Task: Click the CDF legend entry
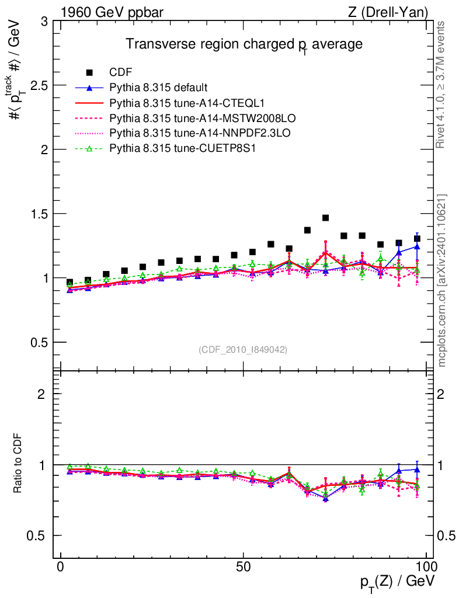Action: pyautogui.click(x=120, y=72)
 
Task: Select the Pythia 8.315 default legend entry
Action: pyautogui.click(x=158, y=88)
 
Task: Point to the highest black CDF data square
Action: pyautogui.click(x=326, y=218)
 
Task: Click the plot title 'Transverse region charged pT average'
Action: pyautogui.click(x=245, y=45)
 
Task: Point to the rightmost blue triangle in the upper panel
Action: pyautogui.click(x=417, y=246)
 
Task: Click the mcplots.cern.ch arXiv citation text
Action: pyautogui.click(x=443, y=280)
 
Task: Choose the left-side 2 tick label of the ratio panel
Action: pyautogui.click(x=42, y=394)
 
